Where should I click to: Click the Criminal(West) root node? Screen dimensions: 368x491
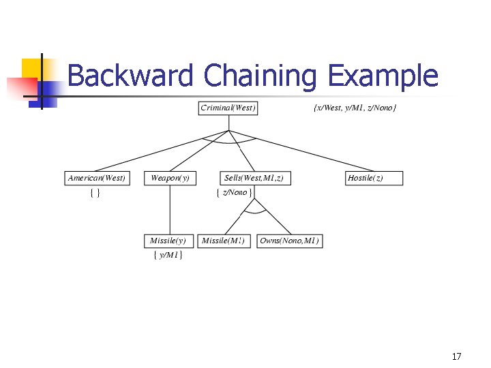228,108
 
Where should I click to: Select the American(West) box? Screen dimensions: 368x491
96,178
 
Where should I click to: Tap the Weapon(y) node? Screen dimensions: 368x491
170,178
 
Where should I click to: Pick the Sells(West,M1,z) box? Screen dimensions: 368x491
254,178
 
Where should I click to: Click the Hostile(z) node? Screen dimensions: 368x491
374,178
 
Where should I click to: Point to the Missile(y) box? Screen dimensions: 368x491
168,241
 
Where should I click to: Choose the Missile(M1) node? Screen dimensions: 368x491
224,241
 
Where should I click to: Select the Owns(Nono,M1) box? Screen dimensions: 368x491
289,241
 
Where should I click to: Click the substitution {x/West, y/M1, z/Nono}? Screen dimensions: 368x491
355,108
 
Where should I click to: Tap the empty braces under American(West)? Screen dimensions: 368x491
95,193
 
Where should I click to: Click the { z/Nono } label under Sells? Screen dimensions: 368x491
234,192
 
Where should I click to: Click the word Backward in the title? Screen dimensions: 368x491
130,76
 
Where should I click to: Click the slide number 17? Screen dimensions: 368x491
456,356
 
